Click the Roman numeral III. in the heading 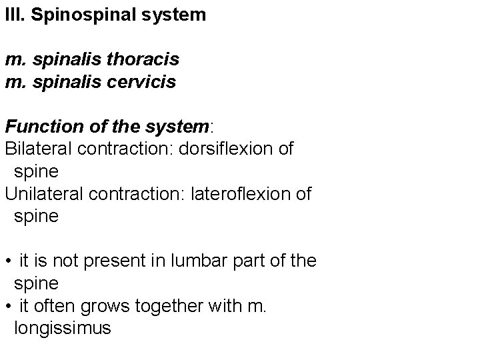13,15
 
